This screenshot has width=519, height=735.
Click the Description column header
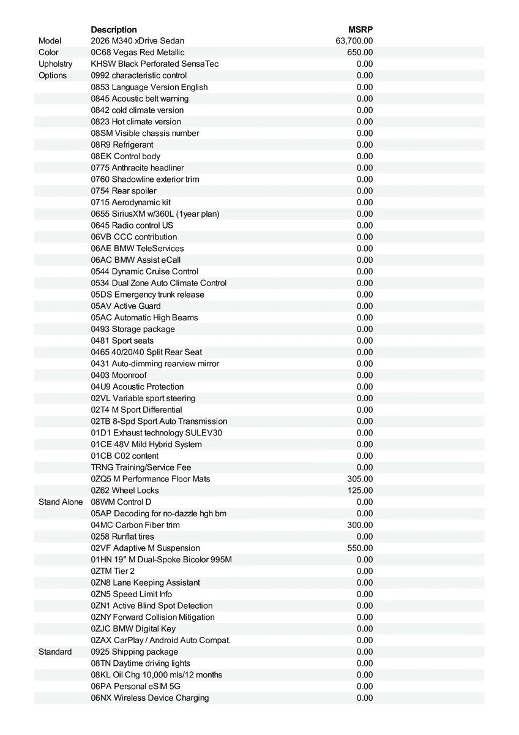pos(114,29)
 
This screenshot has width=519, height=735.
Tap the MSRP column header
pos(360,29)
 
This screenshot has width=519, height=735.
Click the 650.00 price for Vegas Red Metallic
pos(360,53)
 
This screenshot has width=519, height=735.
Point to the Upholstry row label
pos(55,64)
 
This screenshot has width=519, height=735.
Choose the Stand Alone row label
pos(61,502)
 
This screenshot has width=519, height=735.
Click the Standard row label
pos(55,652)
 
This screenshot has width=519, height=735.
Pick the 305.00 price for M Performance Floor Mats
pos(360,479)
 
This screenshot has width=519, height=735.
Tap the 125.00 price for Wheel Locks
pos(360,491)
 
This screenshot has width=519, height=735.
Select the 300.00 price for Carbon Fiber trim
pos(360,525)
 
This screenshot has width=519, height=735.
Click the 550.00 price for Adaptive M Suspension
pos(360,548)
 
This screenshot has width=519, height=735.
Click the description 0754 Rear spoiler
pos(124,190)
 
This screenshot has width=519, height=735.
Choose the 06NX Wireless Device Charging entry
pos(150,698)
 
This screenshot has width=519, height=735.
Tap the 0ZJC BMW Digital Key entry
pos(133,628)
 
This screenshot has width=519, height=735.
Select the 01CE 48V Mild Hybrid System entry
pos(146,444)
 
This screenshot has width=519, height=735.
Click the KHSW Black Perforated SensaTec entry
pos(155,64)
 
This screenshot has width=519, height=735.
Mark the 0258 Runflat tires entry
pos(122,537)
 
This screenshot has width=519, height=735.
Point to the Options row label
pos(53,75)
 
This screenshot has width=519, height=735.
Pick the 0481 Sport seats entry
pos(122,341)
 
